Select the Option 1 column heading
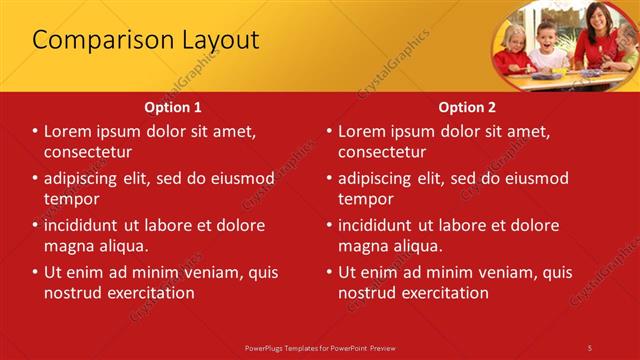point(173,106)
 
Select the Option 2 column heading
point(467,106)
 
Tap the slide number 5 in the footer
point(590,347)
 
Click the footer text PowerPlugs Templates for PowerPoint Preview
point(320,347)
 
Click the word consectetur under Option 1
point(88,152)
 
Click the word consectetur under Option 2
point(382,152)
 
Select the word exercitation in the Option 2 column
point(444,293)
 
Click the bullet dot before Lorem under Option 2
point(329,131)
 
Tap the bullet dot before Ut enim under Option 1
point(35,272)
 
